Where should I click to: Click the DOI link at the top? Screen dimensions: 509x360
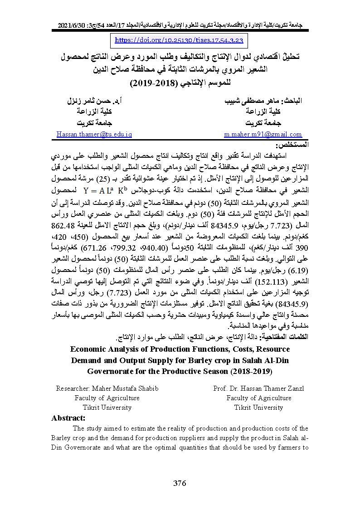pyautogui.click(x=180, y=40)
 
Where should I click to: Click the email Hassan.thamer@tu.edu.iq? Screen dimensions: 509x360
pyautogui.click(x=94, y=134)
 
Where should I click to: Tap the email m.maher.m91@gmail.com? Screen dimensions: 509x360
pyautogui.click(x=263, y=134)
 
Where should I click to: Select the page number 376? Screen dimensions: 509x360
pyautogui.click(x=180, y=483)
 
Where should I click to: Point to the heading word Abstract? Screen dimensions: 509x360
pyautogui.click(x=68, y=418)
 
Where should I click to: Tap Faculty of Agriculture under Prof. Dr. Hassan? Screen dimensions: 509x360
pyautogui.click(x=259, y=398)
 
